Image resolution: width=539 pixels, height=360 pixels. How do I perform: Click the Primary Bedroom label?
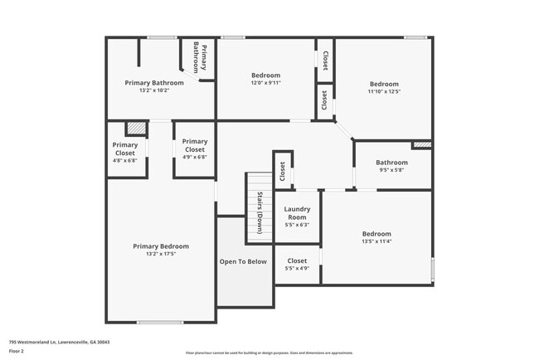(161, 246)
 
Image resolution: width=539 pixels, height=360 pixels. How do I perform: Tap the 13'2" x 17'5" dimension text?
(161, 255)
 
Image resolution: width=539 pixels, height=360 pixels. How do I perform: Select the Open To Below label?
(243, 261)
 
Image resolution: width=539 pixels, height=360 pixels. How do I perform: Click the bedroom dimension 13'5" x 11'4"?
(376, 243)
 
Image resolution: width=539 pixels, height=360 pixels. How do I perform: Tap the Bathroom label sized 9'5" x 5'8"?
(391, 163)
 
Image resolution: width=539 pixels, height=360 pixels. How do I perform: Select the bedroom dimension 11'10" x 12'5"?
(384, 92)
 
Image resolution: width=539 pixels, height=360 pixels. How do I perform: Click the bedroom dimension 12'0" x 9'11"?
(265, 83)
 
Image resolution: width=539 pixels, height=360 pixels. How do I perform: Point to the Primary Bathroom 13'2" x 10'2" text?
(154, 90)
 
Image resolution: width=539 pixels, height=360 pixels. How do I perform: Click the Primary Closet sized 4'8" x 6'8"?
(125, 153)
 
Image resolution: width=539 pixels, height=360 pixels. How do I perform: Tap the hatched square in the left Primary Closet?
(135, 129)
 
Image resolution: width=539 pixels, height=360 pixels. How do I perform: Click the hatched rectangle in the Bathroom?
(421, 144)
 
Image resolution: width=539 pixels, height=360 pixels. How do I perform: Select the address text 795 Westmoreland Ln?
(60, 342)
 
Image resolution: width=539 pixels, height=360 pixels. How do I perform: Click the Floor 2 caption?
(17, 351)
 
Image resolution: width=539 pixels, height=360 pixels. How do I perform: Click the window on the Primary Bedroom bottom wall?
(160, 323)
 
